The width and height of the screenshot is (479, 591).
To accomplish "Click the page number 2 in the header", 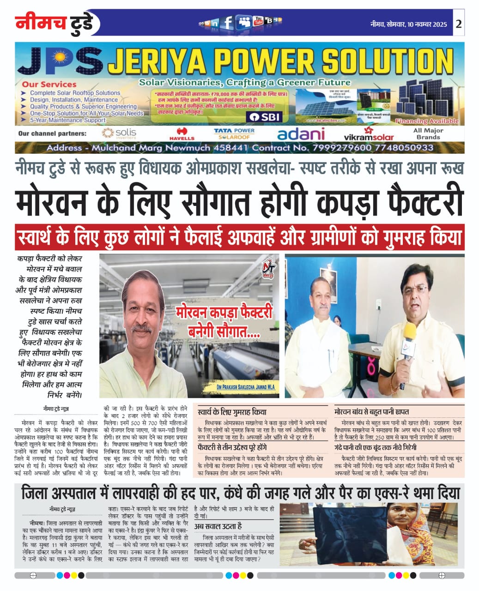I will click(458, 24).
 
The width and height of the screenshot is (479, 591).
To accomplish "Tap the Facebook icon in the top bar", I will click(227, 22).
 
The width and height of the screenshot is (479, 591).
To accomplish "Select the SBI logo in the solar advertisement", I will click(264, 117).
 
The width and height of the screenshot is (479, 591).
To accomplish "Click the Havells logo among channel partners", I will click(182, 134).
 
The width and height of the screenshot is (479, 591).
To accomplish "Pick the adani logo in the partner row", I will click(301, 134).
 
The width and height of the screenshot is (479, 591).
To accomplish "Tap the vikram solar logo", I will click(369, 135).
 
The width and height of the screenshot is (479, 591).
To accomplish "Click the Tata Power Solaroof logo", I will click(234, 134).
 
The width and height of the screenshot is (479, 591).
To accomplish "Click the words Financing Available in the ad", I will click(427, 121).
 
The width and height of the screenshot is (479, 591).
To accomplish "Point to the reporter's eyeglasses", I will click(415, 290).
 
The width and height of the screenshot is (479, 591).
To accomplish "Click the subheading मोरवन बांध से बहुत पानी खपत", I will click(372, 411).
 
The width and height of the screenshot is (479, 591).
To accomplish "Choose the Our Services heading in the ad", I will click(49, 84).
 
